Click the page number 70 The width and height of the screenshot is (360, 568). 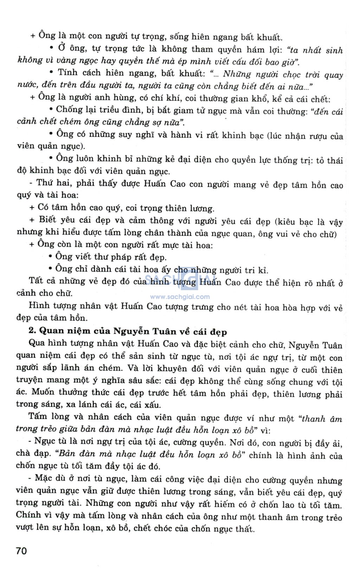tap(21, 550)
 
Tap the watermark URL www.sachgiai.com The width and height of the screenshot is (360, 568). tap(180, 296)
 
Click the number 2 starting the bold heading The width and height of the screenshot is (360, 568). tap(31, 331)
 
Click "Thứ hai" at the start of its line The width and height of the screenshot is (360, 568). tap(52, 184)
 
